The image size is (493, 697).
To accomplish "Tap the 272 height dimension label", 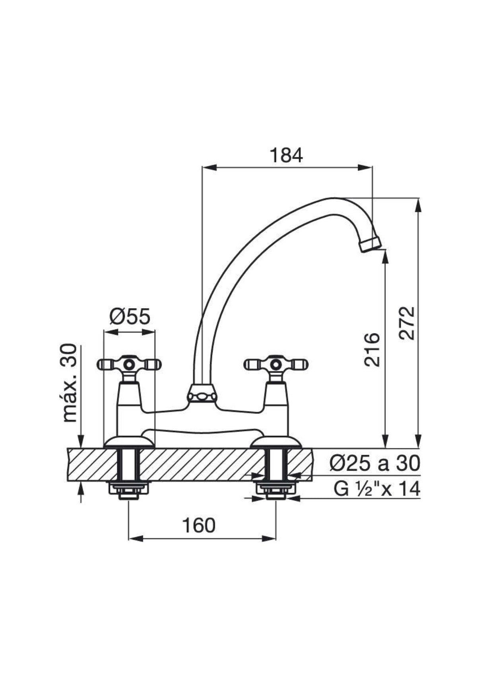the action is [407, 323].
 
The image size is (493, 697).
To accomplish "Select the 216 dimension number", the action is [372, 349].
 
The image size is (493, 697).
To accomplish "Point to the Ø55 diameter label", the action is [130, 317].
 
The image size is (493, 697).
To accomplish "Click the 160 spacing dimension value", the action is [199, 525].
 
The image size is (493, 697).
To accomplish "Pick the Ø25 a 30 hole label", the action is [375, 463].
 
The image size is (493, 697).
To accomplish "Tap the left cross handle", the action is [129, 364].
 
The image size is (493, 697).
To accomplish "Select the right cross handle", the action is [276, 364].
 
